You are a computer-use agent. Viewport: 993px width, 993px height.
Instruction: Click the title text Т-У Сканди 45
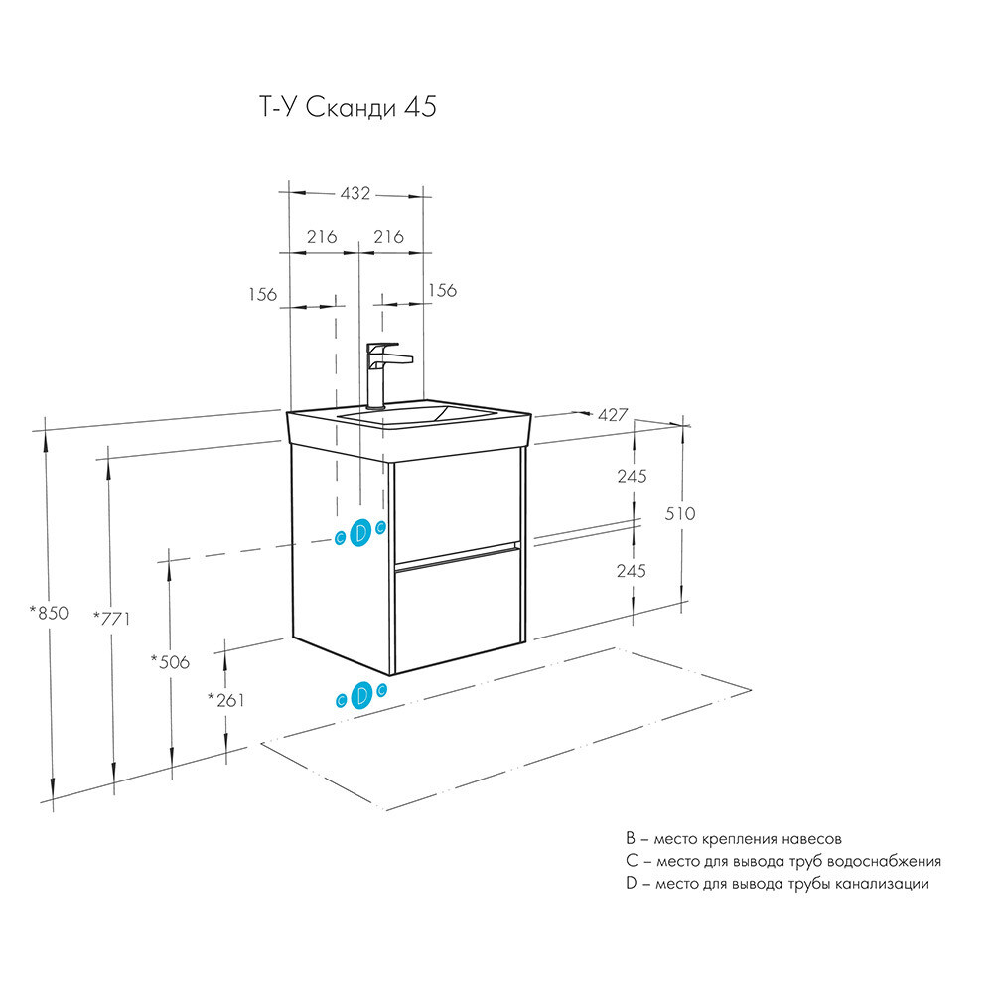pos(341,108)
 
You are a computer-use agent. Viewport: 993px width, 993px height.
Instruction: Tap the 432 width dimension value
pos(354,193)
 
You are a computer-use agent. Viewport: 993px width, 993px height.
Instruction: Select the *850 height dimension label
pos(49,613)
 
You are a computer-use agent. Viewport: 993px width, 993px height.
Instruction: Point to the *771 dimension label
pos(112,618)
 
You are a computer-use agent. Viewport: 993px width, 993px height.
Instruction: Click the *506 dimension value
pos(170,660)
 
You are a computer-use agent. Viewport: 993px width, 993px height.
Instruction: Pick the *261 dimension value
pos(225,699)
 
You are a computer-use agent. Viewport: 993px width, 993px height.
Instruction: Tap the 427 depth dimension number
pos(613,415)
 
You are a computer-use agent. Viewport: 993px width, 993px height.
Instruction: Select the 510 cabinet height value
pos(681,513)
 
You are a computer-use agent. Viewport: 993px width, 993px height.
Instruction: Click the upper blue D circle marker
pos(361,532)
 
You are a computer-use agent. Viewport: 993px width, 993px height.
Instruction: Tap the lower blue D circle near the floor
pos(362,694)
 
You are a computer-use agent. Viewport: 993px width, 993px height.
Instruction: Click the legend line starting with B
pos(734,839)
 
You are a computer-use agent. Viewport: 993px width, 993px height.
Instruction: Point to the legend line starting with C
pos(783,861)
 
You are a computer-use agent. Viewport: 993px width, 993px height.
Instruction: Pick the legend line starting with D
pos(778,883)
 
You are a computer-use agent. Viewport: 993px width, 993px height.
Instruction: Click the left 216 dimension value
pos(321,237)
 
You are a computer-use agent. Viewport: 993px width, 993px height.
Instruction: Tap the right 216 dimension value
pos(388,237)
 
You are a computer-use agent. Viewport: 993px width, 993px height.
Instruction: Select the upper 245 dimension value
pos(632,476)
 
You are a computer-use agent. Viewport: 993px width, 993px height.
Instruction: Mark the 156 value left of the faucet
pos(262,294)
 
